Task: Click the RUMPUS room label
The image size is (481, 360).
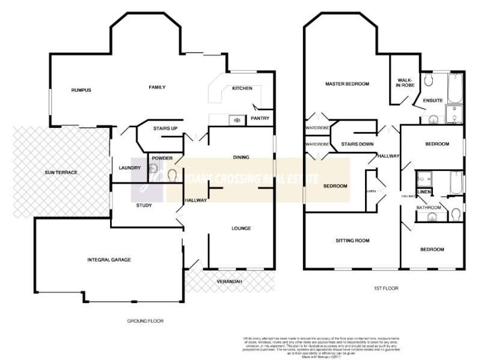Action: (81, 90)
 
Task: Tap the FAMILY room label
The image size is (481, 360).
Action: (157, 88)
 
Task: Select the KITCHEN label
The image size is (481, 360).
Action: (242, 89)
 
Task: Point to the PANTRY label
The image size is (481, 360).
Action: (260, 118)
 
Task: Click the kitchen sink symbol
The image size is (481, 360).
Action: (237, 120)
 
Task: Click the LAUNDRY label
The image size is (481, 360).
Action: (129, 167)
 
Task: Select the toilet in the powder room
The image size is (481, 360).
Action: (173, 175)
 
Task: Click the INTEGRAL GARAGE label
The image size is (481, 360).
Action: (109, 259)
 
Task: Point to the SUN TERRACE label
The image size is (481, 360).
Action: (61, 172)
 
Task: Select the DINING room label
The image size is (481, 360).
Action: (240, 158)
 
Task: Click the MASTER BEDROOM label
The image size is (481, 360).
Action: (347, 83)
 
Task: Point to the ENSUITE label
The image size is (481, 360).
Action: (433, 100)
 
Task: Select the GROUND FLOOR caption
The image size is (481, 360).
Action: (146, 320)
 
